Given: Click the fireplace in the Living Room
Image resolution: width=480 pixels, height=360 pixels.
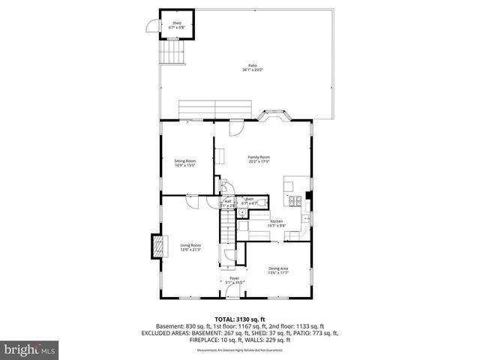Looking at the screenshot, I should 158,245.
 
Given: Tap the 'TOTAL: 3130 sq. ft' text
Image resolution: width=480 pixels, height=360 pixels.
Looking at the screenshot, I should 239,319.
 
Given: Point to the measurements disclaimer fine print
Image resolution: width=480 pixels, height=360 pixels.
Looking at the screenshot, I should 240,350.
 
